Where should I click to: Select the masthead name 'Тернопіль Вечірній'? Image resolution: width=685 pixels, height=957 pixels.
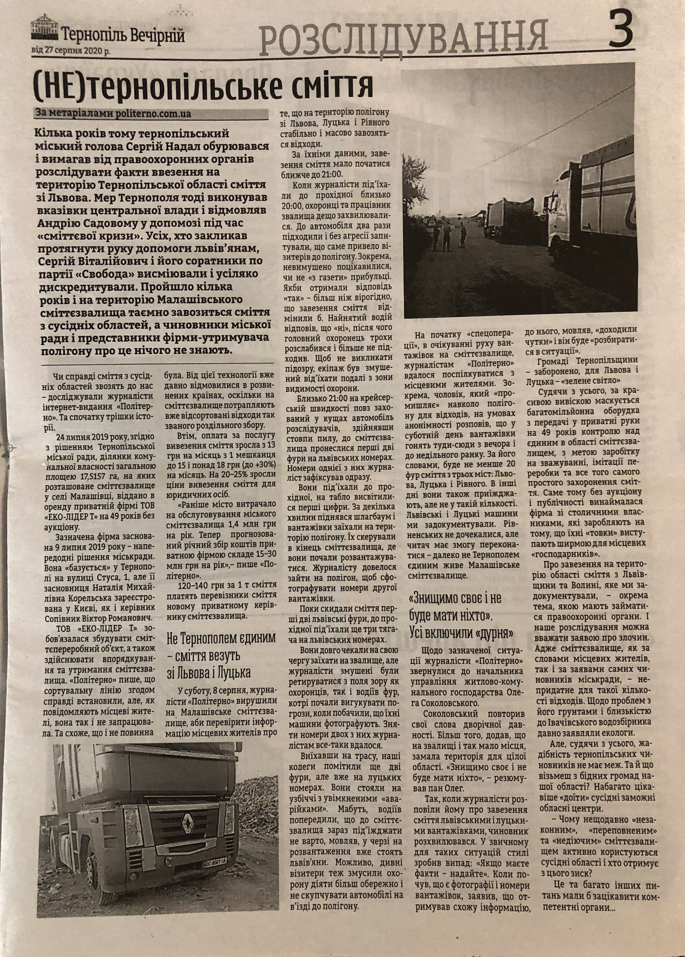click(x=124, y=35)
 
